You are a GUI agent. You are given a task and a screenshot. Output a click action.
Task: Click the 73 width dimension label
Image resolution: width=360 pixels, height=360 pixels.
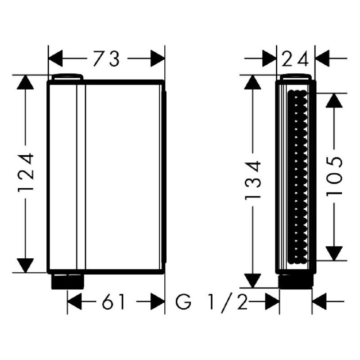106,59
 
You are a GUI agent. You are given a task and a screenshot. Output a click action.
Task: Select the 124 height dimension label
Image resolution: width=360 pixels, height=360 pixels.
26,172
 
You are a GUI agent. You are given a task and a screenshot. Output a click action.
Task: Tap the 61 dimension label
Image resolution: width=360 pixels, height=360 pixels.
113,301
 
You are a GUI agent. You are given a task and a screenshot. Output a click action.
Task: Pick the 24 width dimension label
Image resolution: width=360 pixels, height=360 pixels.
295,59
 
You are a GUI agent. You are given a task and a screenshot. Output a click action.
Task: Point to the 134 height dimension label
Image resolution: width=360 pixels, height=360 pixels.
253,180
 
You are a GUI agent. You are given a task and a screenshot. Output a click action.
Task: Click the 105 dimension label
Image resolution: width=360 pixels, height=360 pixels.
334,176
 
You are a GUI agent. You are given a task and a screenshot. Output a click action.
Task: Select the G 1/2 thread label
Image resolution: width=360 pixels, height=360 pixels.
211,301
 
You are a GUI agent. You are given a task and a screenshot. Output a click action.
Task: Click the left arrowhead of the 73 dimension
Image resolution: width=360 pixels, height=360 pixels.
55,58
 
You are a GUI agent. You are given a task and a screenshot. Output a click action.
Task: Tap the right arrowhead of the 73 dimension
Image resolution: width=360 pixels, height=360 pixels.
158,58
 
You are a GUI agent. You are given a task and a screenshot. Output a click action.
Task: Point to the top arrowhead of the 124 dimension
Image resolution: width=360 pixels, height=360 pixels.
26,82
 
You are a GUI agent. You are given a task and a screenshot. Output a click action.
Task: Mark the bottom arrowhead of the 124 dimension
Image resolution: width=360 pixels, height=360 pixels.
26,265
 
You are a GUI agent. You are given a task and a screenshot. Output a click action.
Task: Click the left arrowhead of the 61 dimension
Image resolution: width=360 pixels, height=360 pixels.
74,301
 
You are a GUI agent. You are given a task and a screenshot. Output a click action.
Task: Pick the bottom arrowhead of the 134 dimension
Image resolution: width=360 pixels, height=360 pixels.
253,281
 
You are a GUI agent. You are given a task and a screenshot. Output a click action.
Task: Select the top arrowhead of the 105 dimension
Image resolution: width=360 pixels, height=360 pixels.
334,100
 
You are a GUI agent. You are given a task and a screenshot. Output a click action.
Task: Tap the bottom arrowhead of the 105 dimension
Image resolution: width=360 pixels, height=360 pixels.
334,253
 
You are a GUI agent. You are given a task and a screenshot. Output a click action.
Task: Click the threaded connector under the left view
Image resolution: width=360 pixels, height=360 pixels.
67,281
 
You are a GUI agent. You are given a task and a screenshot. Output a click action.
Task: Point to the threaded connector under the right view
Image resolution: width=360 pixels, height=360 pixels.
296,281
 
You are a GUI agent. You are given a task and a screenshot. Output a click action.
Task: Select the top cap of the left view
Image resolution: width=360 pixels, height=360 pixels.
67,77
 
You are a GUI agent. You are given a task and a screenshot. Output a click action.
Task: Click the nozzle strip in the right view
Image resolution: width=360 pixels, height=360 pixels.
297,177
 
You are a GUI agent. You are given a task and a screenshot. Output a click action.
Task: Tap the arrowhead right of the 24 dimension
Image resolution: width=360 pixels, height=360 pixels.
322,58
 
